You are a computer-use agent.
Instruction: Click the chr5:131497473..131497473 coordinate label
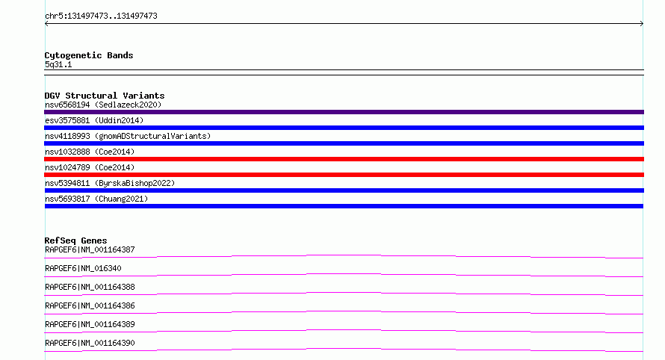click(x=101, y=16)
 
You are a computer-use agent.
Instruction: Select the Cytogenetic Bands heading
click(x=89, y=55)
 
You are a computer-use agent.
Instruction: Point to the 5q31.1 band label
click(x=58, y=65)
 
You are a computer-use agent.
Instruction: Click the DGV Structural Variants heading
click(x=105, y=96)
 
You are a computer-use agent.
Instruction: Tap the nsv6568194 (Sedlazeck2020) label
click(x=103, y=105)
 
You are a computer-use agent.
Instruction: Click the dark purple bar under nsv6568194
click(x=344, y=112)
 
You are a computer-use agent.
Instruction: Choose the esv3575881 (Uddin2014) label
click(x=94, y=120)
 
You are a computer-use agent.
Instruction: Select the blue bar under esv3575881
click(x=344, y=128)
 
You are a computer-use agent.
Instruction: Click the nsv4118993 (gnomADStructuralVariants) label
click(x=128, y=136)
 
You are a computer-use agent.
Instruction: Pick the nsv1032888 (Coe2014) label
click(x=90, y=152)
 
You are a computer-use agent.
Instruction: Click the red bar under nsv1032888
click(x=344, y=159)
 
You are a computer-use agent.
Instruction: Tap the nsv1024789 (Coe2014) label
click(x=90, y=167)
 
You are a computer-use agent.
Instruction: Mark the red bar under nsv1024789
click(x=344, y=175)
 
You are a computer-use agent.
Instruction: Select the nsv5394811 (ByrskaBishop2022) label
click(x=110, y=183)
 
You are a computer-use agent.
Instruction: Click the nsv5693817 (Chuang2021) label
click(x=96, y=199)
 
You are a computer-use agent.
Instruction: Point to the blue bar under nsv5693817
click(x=344, y=206)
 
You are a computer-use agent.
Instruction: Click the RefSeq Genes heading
click(x=75, y=240)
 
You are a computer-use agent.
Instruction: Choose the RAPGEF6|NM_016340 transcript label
click(x=83, y=268)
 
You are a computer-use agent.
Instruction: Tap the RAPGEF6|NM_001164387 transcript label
click(x=90, y=249)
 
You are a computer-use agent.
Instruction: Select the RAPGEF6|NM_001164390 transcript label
click(x=90, y=343)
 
